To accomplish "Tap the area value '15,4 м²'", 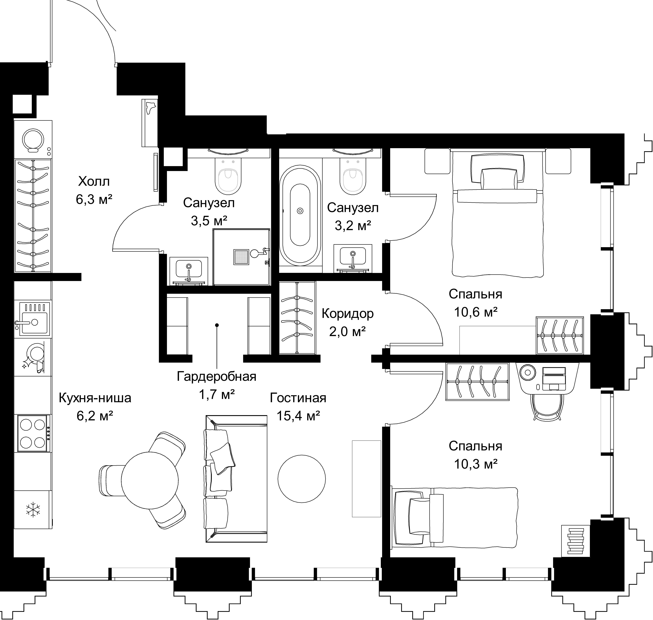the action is [298, 416].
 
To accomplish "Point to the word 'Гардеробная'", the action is [217, 376].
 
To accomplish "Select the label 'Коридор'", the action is [348, 313].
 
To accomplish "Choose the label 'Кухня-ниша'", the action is [95, 398].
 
